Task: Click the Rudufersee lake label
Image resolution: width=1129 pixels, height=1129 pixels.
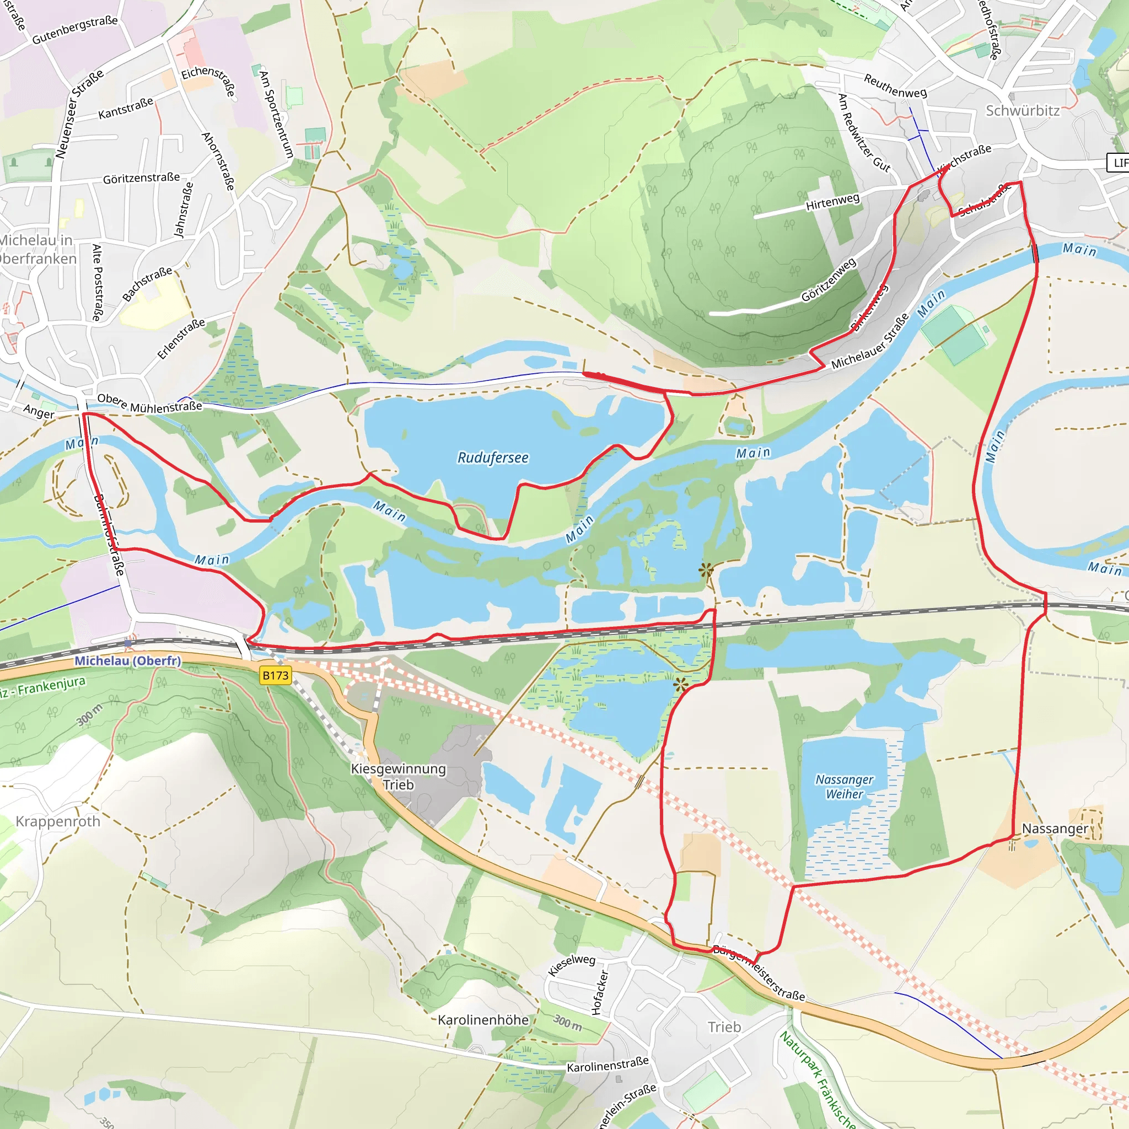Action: (493, 458)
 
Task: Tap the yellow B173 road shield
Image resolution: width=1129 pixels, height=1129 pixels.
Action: (275, 675)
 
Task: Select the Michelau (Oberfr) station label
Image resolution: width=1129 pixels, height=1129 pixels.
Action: (127, 661)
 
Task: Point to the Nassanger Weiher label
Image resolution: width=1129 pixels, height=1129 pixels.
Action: (844, 787)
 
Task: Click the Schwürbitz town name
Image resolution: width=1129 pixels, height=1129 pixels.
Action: (1022, 110)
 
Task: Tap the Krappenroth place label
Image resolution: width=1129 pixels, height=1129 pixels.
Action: (58, 821)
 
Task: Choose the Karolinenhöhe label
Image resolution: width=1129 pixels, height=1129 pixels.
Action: (483, 1020)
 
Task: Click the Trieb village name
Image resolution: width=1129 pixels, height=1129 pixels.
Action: (724, 1026)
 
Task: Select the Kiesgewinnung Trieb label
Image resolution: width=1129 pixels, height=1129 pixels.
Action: (399, 777)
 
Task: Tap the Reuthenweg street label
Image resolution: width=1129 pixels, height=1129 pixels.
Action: (895, 86)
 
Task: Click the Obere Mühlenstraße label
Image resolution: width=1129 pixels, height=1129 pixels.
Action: (149, 403)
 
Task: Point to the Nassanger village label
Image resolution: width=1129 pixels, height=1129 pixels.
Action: (1055, 829)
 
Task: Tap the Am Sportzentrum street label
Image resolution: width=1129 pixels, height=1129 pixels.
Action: (276, 114)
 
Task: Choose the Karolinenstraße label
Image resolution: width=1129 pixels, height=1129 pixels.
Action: (607, 1064)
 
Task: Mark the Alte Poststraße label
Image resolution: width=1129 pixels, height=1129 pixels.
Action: (98, 282)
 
